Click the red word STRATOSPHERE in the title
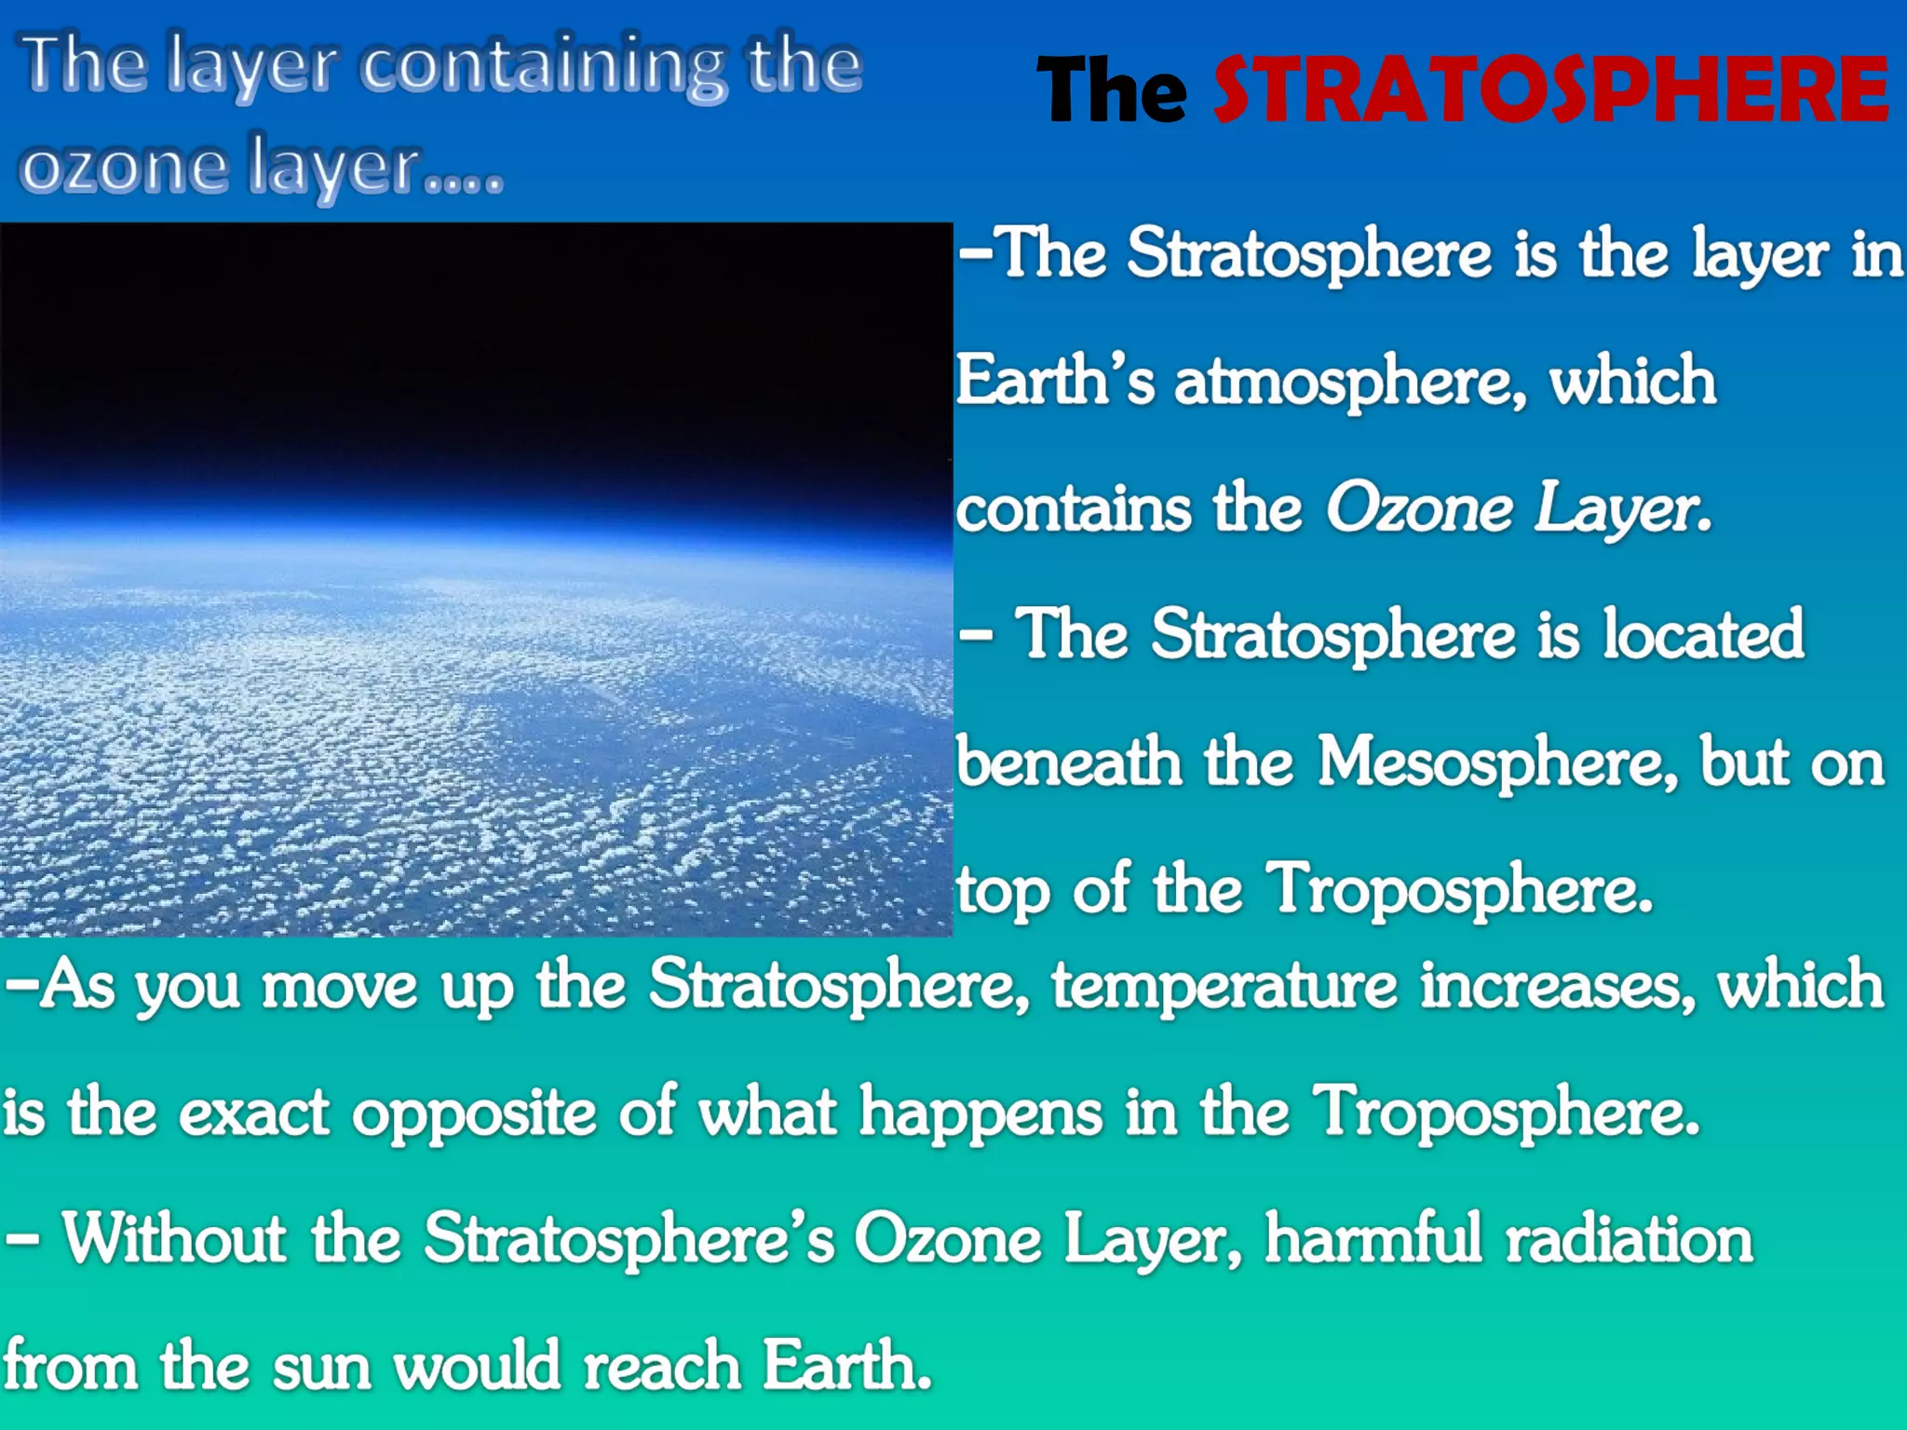point(1550,89)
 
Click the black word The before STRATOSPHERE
point(1112,90)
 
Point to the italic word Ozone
point(1419,509)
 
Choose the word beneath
point(1069,762)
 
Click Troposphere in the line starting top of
point(1459,890)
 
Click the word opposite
point(474,1113)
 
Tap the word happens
point(981,1112)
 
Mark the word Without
point(174,1239)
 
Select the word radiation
point(1630,1239)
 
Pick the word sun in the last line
point(322,1367)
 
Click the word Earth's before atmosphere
point(1055,382)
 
